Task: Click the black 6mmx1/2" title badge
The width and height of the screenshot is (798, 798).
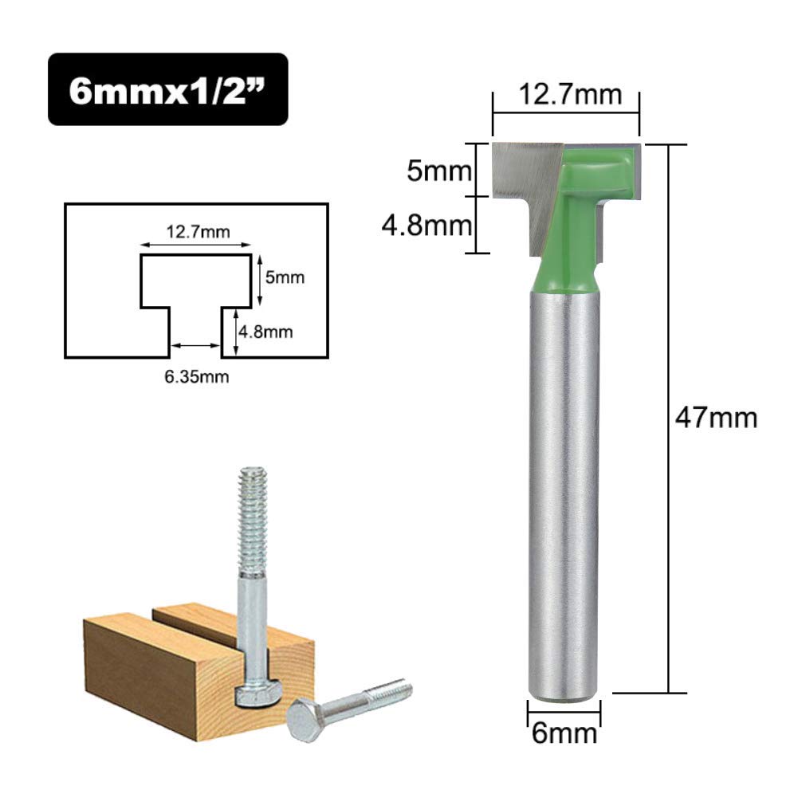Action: point(168,89)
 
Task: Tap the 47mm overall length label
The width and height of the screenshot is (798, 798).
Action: point(716,419)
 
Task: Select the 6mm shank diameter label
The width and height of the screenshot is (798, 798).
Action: point(564,733)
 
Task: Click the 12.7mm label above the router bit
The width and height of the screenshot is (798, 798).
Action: point(570,94)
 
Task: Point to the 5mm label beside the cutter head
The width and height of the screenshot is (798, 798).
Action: point(439,171)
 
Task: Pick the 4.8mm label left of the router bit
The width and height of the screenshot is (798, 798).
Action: point(427,225)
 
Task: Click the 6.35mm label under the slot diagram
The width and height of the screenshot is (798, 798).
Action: point(196,376)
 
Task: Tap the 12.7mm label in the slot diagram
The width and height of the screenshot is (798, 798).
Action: point(198,232)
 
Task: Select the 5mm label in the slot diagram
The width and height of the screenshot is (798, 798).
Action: point(285,277)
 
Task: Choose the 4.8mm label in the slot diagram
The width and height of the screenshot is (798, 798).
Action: point(265,332)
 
